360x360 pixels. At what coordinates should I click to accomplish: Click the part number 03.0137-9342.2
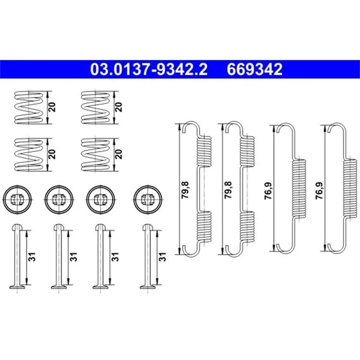pos(149,69)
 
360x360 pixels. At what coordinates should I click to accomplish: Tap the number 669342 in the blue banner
pos(254,69)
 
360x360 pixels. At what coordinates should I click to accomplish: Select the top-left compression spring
pos(29,108)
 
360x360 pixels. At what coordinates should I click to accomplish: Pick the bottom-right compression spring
pos(96,155)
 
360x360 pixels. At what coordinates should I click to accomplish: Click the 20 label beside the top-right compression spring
pos(119,107)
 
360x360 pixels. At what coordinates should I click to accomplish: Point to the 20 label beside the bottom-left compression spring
pos(52,154)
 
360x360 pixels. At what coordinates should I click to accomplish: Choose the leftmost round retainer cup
pos(17,200)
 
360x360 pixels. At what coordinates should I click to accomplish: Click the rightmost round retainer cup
pos(148,200)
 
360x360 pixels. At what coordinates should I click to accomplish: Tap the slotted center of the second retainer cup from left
pos(59,199)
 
